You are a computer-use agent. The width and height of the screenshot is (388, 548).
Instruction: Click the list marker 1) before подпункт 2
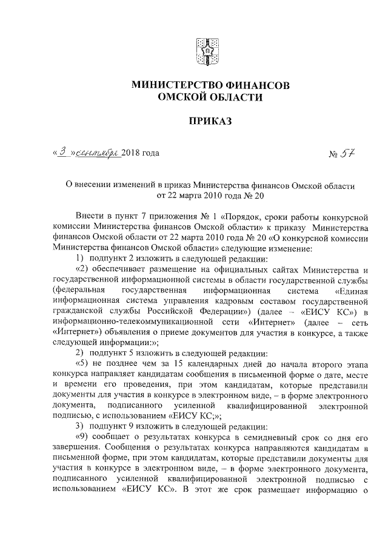point(79,259)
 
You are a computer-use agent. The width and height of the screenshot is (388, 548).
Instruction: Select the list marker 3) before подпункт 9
point(79,426)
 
